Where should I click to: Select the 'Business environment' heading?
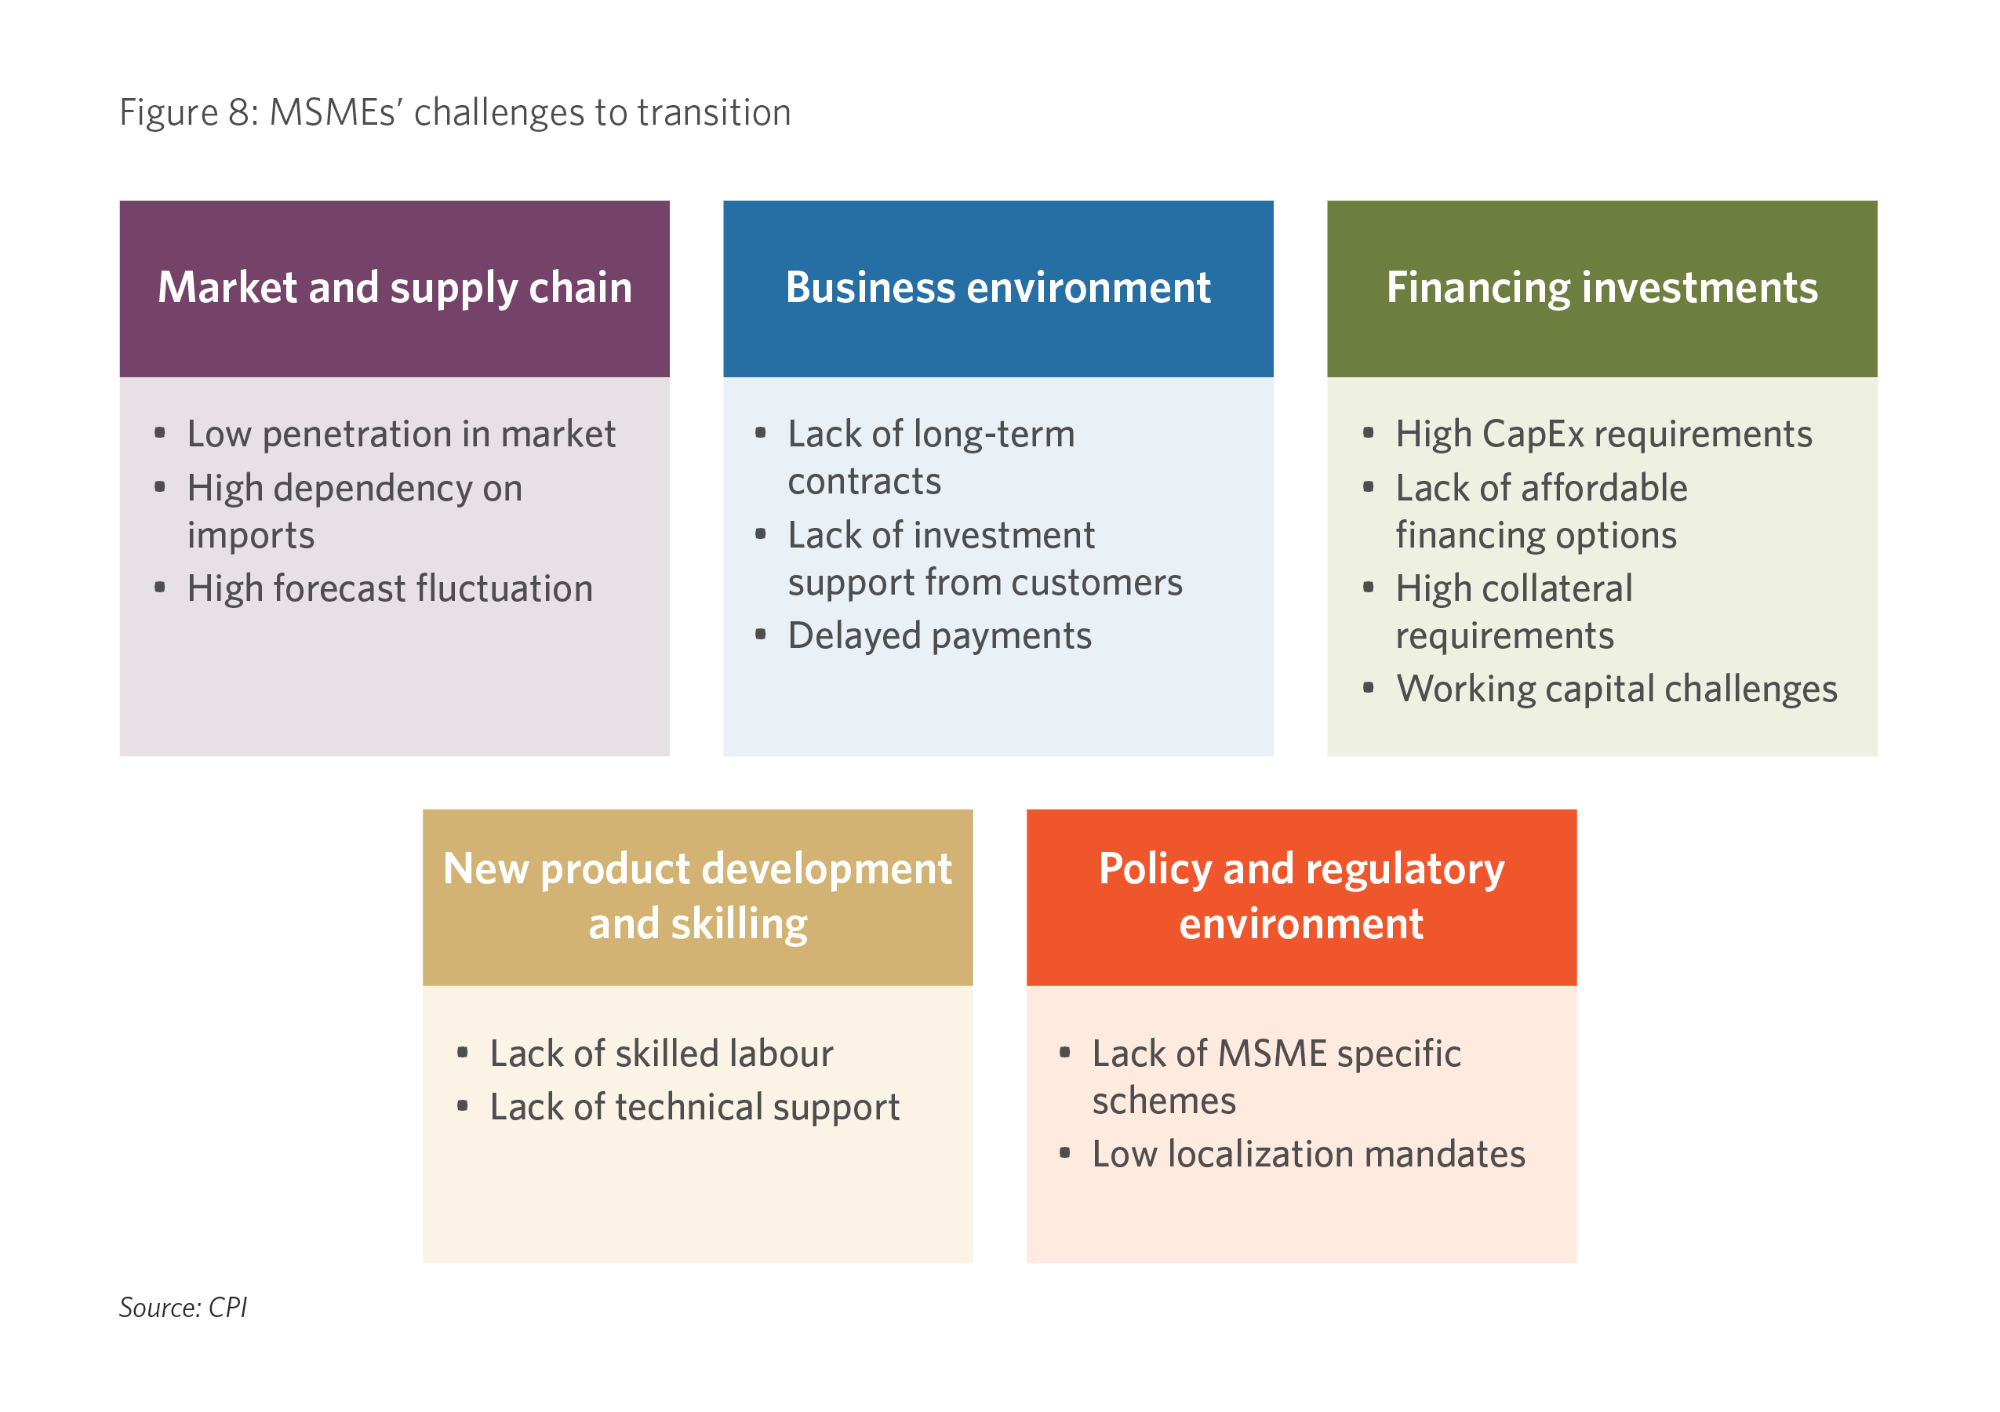tap(998, 287)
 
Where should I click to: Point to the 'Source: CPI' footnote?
tap(183, 1307)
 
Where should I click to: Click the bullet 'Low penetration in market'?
tap(401, 434)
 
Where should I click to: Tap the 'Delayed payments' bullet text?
tap(939, 637)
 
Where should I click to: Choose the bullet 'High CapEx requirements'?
tap(1603, 435)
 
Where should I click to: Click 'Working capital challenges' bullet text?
tap(1616, 690)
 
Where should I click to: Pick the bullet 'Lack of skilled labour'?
tap(661, 1054)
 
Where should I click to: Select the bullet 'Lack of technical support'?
tap(694, 1108)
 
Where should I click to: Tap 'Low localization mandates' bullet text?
tap(1308, 1154)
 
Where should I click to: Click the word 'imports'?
tap(251, 536)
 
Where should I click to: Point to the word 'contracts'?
tap(864, 482)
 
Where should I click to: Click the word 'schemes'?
tap(1164, 1101)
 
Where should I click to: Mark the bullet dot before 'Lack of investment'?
tap(761, 534)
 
